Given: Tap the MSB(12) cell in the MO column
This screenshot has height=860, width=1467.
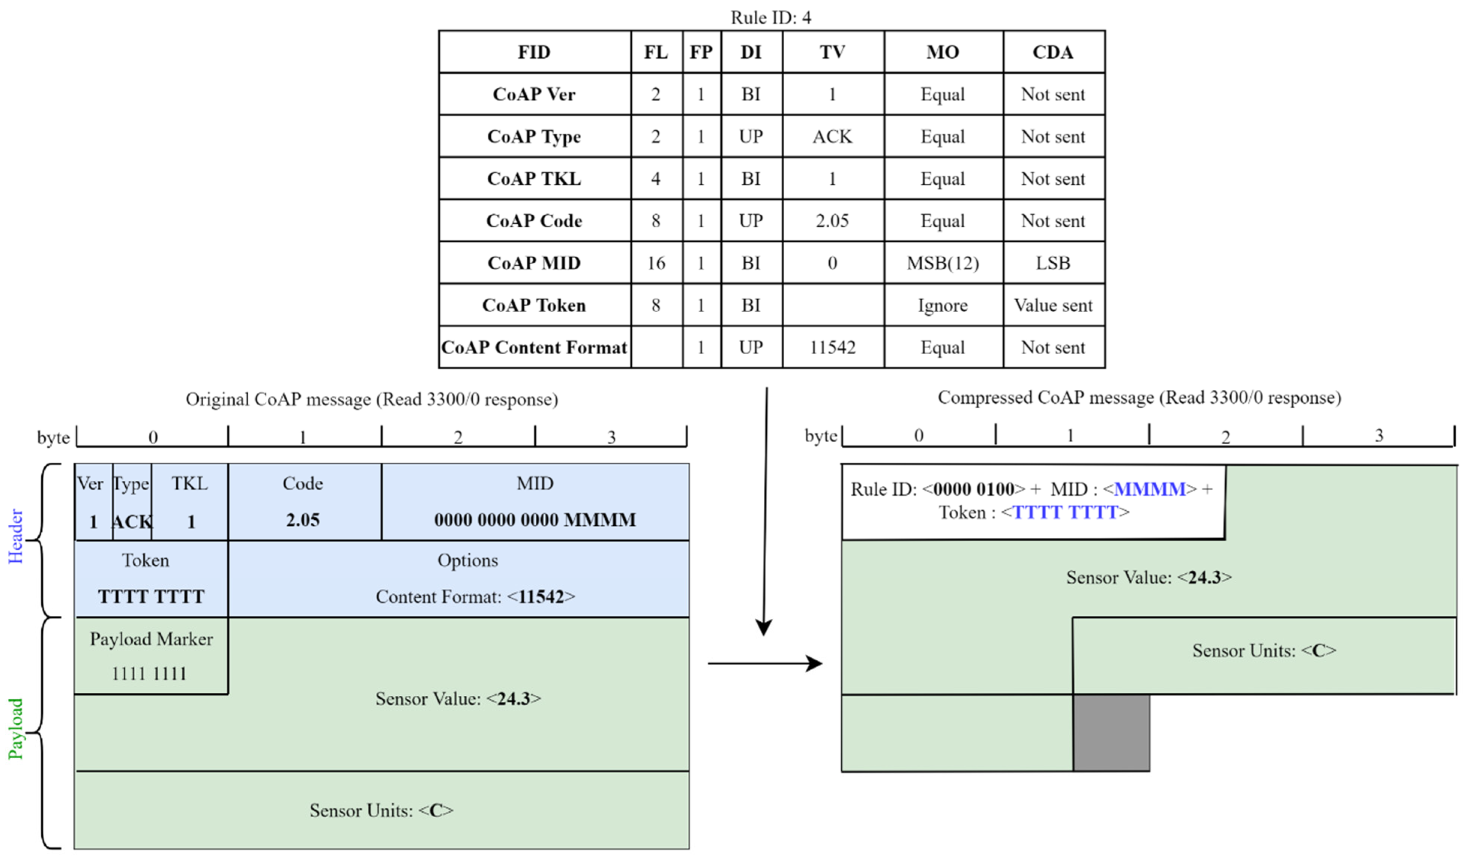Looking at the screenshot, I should coord(943,263).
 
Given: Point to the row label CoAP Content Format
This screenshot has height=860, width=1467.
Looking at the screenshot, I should coord(534,347).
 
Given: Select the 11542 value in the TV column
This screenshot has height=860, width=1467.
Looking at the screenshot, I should coord(832,347).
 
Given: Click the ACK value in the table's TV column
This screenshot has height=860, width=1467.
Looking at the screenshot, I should coord(832,137).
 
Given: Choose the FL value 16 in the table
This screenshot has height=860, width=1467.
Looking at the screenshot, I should coord(656,263).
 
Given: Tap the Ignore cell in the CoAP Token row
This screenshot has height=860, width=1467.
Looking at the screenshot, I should coord(943,305).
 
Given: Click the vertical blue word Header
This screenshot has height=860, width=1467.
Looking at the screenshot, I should coord(16,536).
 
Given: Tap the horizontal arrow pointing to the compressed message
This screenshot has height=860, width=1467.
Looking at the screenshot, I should coord(765,663).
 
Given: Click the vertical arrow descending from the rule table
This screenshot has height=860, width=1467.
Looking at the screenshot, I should coord(765,513).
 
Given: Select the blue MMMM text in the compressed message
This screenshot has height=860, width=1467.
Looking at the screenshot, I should coord(1149,489).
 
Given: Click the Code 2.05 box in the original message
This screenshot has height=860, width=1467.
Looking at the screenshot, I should coord(303,502).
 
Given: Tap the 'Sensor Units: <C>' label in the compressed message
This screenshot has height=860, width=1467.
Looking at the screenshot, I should coord(1264,650).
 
